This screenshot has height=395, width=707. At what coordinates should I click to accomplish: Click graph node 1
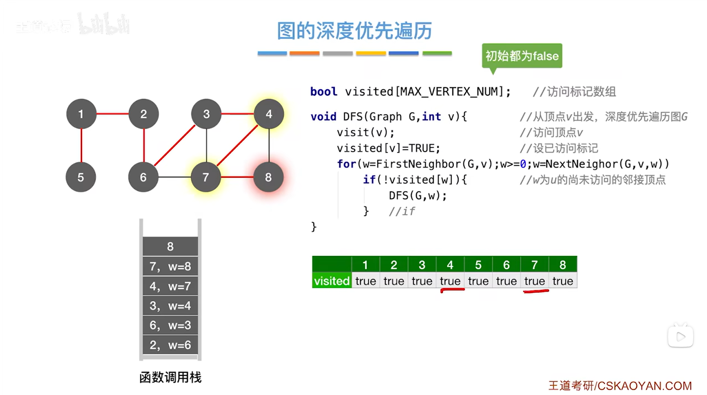(x=81, y=114)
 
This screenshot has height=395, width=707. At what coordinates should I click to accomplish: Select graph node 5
(x=81, y=177)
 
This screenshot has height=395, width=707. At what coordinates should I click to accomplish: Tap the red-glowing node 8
(x=268, y=177)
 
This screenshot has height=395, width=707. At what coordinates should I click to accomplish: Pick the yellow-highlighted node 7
(x=206, y=177)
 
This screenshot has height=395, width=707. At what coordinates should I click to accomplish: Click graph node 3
(x=206, y=114)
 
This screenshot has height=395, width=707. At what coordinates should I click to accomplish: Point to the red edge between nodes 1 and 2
(x=112, y=114)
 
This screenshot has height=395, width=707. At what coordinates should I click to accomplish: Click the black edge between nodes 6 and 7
(x=174, y=177)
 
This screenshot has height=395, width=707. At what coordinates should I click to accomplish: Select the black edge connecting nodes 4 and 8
(x=269, y=146)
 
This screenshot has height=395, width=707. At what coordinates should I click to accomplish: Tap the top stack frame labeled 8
(x=170, y=246)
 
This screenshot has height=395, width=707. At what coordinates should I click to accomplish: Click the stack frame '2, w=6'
(x=170, y=345)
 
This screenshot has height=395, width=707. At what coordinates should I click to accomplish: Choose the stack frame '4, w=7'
(x=170, y=286)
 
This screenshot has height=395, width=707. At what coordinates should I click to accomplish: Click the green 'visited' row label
(x=331, y=281)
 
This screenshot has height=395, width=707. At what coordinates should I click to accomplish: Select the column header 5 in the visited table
(x=478, y=265)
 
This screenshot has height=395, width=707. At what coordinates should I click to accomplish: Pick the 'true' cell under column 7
(x=534, y=281)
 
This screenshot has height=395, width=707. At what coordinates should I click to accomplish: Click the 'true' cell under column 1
(x=366, y=281)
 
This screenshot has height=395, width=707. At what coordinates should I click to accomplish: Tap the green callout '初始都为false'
(x=522, y=56)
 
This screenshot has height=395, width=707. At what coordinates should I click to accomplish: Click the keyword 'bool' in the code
(x=324, y=92)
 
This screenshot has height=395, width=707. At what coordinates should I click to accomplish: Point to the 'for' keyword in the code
(x=346, y=164)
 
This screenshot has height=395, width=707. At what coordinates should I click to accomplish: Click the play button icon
(x=680, y=337)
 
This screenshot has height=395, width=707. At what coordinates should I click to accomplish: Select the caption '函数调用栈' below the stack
(x=170, y=377)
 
